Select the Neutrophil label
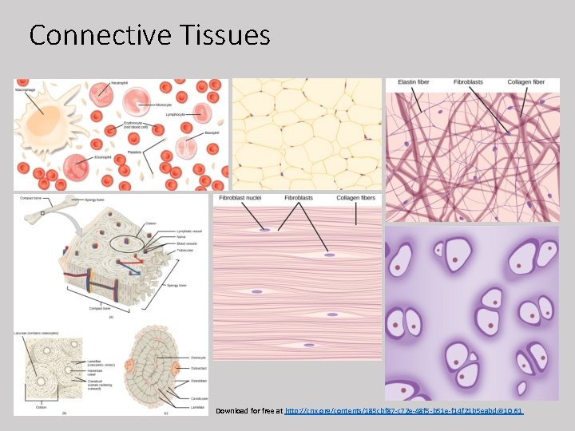(119, 83)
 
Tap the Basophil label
(212, 132)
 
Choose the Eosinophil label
(101, 158)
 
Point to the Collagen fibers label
(355, 198)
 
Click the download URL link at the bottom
(404, 411)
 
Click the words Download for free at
(249, 411)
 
